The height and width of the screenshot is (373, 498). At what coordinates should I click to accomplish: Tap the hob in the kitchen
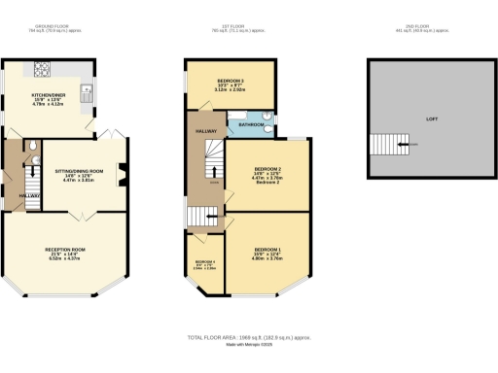pos(44,69)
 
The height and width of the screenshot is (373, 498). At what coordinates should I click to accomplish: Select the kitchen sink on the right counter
pos(88,93)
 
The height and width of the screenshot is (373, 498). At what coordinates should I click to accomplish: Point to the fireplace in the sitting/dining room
pos(123,175)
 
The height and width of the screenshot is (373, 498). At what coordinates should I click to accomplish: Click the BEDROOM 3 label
pos(231,81)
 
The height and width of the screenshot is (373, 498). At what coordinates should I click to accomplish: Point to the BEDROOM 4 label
pos(204,261)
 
